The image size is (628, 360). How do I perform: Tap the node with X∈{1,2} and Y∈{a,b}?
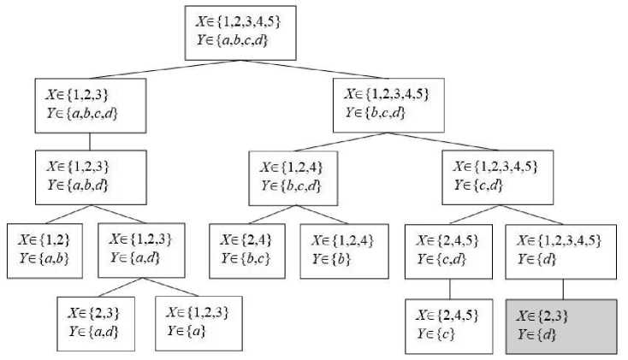(x=44, y=250)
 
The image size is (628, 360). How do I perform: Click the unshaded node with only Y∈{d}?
(x=561, y=251)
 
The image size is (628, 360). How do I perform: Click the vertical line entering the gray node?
(x=561, y=289)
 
